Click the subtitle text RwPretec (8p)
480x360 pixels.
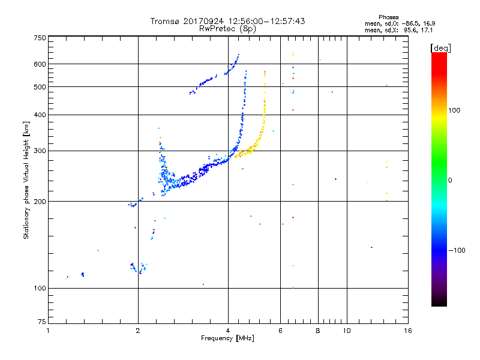click(228, 28)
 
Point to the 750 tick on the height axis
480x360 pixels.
click(40, 37)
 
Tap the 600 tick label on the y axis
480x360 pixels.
click(40, 64)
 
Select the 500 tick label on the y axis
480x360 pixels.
click(40, 87)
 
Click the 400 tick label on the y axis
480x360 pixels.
click(40, 115)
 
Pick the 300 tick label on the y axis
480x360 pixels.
click(40, 151)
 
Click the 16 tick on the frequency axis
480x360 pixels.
click(407, 331)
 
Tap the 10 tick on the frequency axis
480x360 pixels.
click(346, 331)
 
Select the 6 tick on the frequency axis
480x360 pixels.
click(280, 331)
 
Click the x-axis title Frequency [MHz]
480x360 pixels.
click(229, 338)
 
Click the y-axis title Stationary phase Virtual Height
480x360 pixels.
click(26, 180)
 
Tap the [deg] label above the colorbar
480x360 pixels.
click(441, 47)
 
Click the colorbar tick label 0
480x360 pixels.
click(451, 180)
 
